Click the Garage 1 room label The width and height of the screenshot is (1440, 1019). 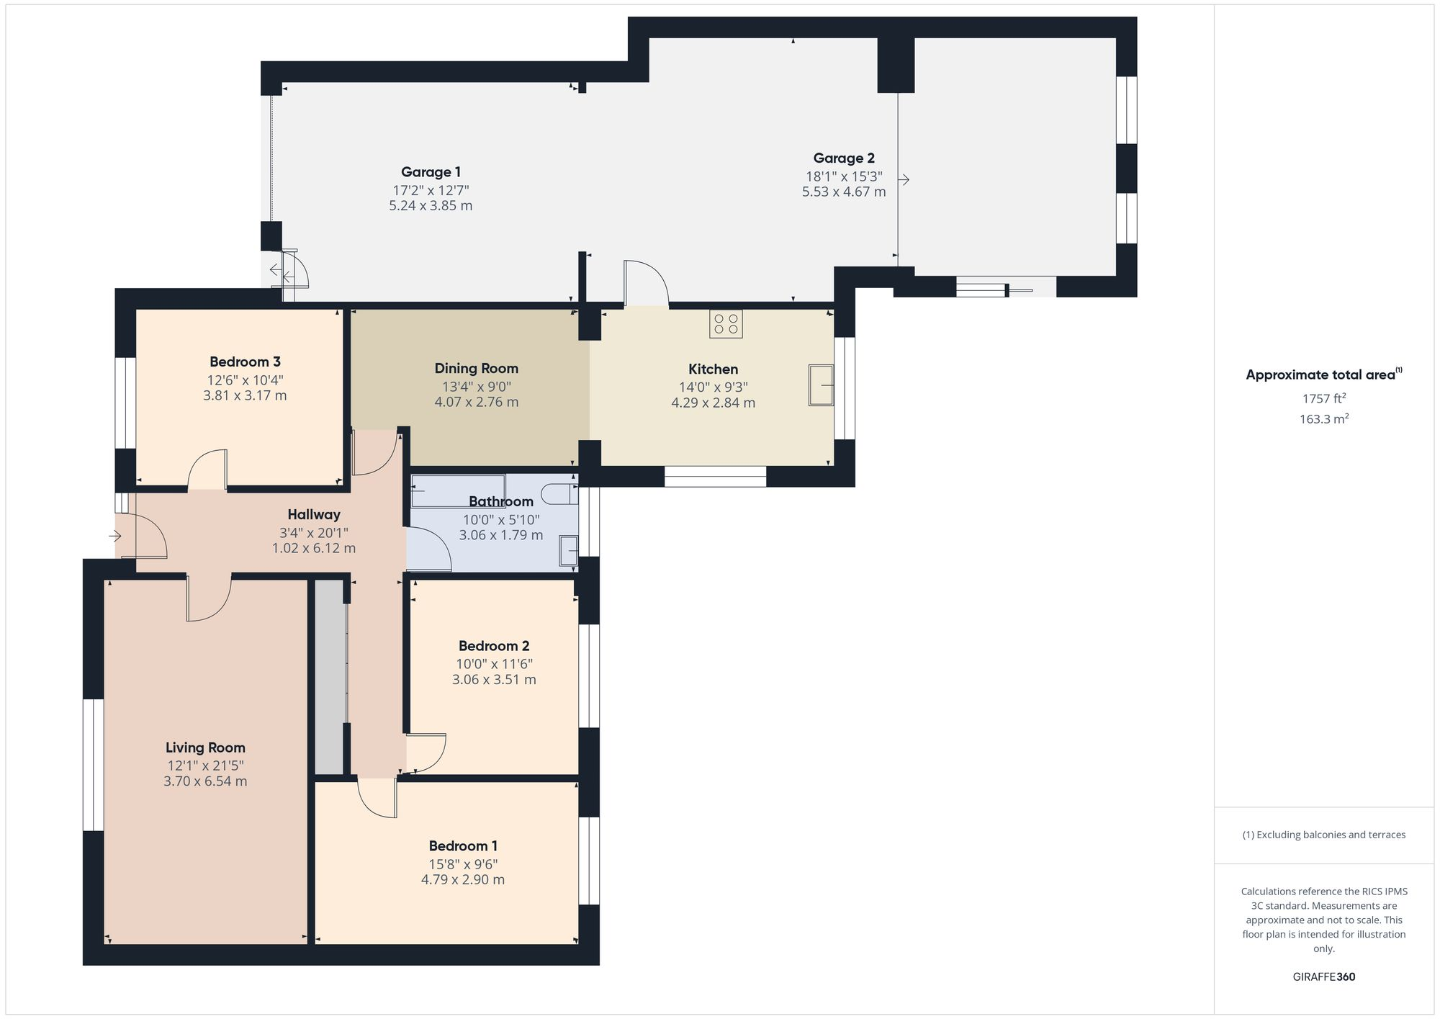coord(431,172)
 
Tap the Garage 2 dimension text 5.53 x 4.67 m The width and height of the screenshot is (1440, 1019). coord(844,192)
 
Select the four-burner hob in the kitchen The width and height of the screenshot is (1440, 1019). coord(726,323)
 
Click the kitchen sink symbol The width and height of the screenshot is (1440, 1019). coord(820,385)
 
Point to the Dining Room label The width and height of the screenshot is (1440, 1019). coord(476,369)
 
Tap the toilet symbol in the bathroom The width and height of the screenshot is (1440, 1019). coord(559,494)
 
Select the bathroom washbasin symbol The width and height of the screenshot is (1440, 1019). coord(568,552)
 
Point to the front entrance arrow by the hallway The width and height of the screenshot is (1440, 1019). coord(114,536)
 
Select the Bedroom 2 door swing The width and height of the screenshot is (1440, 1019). coord(426,753)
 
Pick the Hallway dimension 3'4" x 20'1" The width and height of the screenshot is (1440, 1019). coord(313,533)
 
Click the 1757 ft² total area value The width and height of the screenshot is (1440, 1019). coord(1323,398)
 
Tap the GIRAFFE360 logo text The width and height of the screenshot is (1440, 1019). coord(1323,977)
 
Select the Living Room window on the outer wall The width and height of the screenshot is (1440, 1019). coord(93,764)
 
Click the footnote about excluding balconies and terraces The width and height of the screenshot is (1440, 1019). coord(1323,835)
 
